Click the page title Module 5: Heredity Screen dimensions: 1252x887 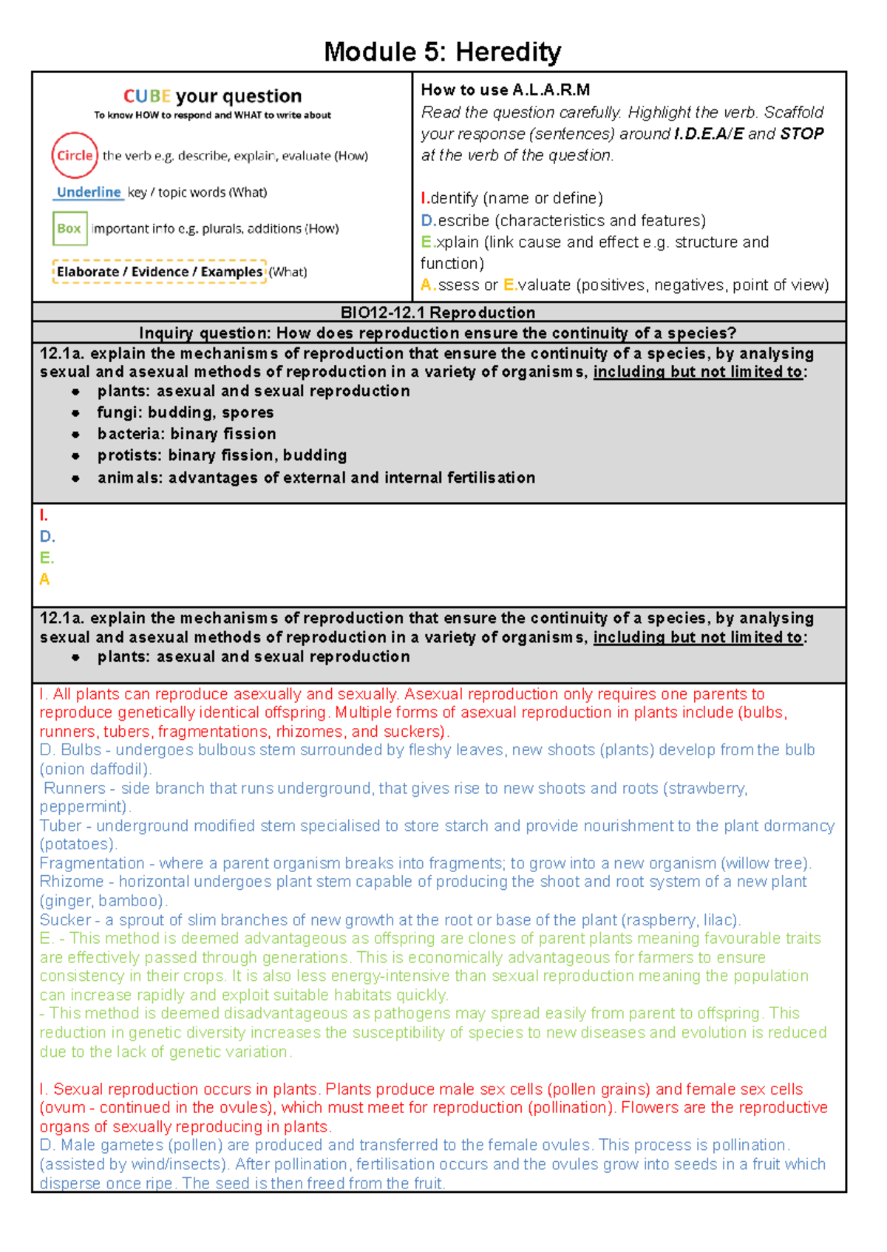coord(442,52)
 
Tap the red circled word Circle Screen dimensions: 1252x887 coord(75,155)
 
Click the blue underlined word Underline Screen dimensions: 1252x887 coord(89,192)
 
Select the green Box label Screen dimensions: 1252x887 coord(69,228)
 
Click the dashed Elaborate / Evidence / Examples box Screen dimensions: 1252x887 coord(159,271)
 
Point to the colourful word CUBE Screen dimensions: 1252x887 coord(147,96)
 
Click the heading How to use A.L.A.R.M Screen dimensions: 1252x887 coord(506,90)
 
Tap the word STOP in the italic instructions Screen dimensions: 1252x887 coord(802,134)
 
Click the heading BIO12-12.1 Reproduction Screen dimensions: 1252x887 coord(438,312)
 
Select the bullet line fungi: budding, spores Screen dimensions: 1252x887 coord(185,412)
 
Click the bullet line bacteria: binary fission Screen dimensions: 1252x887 coord(186,434)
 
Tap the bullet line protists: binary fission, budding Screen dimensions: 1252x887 coord(222,455)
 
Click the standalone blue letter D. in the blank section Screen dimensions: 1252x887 coord(47,537)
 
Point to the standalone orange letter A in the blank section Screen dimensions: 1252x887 coord(44,579)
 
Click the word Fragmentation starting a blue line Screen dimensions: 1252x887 coord(92,863)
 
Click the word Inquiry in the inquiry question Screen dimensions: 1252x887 coord(167,333)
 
